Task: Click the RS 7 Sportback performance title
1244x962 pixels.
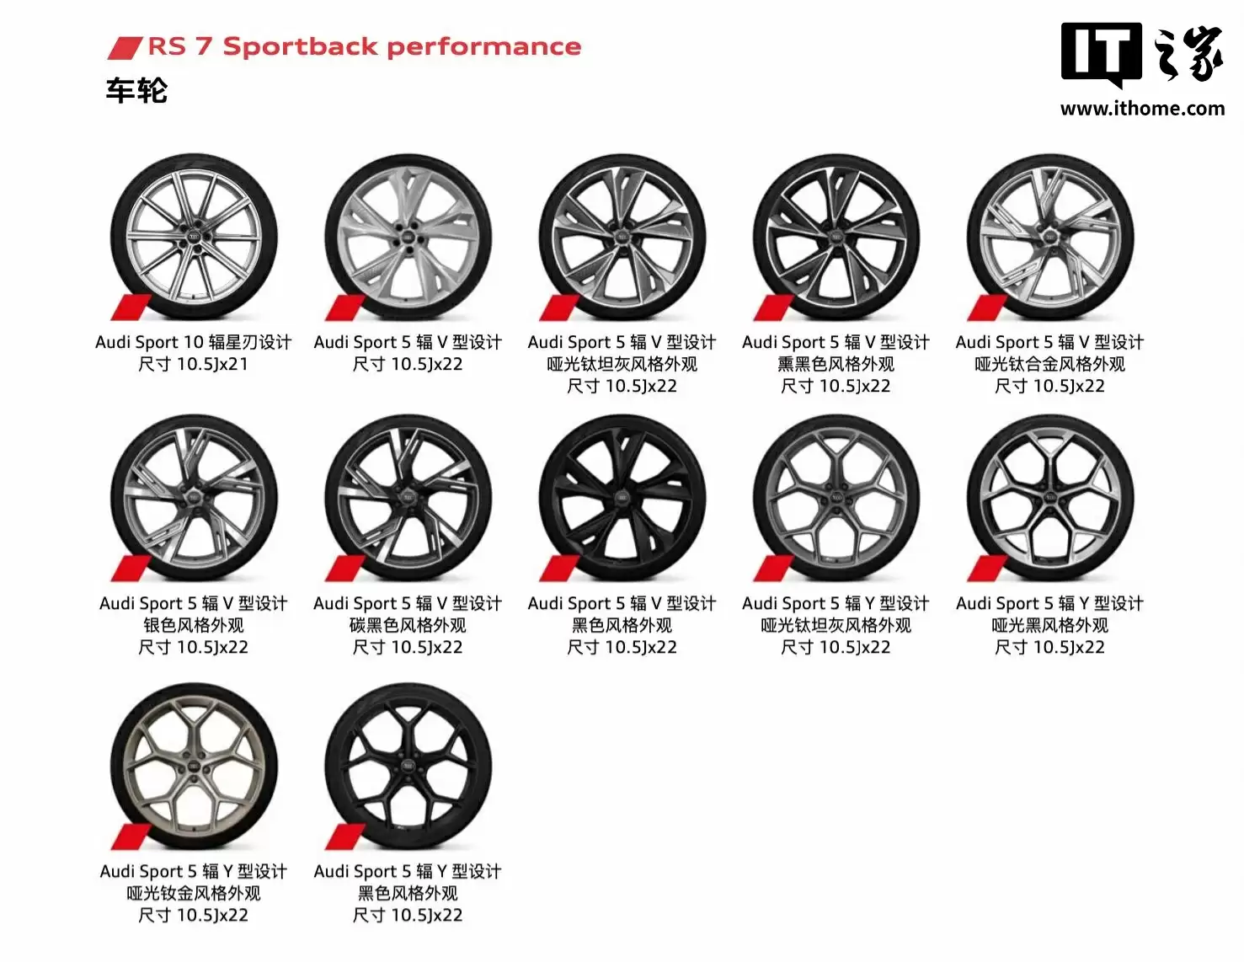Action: tap(364, 46)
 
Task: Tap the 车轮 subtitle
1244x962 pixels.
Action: tap(136, 89)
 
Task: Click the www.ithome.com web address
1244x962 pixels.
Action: tap(1142, 109)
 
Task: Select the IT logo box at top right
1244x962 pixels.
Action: tap(1100, 53)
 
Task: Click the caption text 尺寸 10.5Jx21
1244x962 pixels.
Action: tap(194, 364)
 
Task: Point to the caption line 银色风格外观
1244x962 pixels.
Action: tap(194, 625)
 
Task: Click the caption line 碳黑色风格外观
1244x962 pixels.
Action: tap(408, 625)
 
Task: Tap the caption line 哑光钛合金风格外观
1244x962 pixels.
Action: tap(1049, 364)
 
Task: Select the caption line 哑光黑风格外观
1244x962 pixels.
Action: tap(1049, 625)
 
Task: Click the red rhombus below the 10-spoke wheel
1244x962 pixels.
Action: tap(131, 308)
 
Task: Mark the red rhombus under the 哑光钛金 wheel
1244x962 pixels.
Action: tap(131, 837)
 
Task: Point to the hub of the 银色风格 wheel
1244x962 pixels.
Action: tap(194, 498)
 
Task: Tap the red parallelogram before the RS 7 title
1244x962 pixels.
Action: tap(125, 47)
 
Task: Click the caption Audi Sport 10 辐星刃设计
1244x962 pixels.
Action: tap(194, 342)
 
